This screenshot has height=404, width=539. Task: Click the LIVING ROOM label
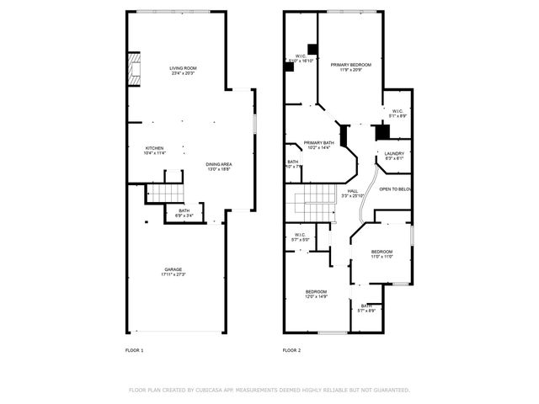(183, 67)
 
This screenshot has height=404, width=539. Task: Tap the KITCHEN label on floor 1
(154, 147)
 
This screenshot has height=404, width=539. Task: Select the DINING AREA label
(218, 164)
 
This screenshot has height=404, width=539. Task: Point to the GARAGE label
(173, 268)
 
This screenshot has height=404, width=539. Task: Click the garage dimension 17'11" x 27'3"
(173, 274)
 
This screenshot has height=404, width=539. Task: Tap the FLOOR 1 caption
(135, 349)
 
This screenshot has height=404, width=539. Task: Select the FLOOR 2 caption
(291, 349)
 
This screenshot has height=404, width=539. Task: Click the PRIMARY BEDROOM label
(350, 64)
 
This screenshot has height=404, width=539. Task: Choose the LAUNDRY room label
(394, 153)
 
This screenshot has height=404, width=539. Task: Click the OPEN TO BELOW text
(394, 189)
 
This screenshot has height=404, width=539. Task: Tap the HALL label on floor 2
(353, 191)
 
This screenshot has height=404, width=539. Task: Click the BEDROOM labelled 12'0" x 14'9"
(316, 291)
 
